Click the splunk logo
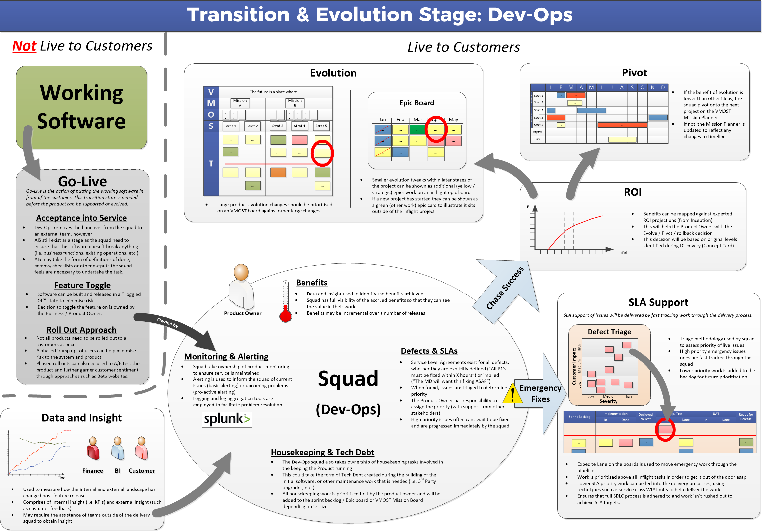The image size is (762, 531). coord(227,419)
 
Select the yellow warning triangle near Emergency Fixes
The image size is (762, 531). coord(513,394)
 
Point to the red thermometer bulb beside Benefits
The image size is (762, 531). coord(286,316)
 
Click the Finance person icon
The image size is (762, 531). coord(93,448)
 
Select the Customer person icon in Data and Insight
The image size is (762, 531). coord(142,448)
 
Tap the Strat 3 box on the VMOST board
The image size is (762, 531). coord(278,126)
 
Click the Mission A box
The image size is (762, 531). coord(240,103)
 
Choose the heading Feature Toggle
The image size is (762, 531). coord(82,285)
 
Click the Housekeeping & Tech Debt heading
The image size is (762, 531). coord(322,452)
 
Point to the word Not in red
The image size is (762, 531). coord(24,46)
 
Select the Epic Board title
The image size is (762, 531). coord(416,103)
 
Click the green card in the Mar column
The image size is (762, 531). coord(417,130)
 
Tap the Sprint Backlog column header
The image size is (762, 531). coord(579,416)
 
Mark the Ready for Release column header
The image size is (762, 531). coord(746,416)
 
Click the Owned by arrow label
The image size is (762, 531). coord(168,322)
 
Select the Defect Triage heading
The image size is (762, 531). coord(609,331)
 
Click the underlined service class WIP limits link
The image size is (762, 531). coord(643,489)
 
